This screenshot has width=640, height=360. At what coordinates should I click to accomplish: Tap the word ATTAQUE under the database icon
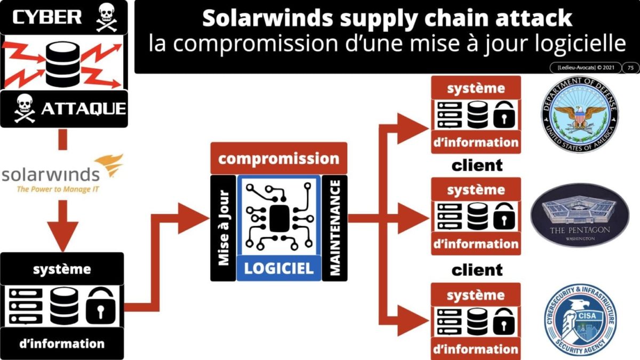click(83, 109)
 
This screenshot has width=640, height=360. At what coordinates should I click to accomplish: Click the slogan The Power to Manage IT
click(52, 189)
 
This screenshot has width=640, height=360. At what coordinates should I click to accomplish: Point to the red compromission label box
click(278, 158)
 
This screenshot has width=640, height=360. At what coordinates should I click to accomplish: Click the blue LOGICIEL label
click(278, 268)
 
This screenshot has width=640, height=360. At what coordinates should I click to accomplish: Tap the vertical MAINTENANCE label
click(335, 228)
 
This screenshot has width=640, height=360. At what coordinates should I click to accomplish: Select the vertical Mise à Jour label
click(223, 228)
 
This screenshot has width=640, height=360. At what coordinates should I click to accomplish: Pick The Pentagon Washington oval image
click(580, 215)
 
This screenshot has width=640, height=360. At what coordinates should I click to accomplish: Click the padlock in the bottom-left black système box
click(100, 305)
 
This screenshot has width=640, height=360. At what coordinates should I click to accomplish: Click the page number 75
click(630, 68)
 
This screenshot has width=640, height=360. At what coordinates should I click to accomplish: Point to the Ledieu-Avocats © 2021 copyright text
click(585, 68)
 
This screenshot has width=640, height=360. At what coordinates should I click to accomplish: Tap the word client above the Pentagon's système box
click(477, 165)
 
